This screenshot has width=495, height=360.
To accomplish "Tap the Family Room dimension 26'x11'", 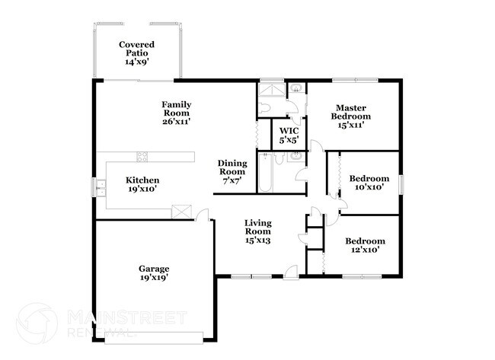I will [176, 121].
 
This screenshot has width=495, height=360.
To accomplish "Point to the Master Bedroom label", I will [350, 112].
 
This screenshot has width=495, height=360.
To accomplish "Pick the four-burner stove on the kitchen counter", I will [142, 157].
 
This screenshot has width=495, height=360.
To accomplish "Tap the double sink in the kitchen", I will [101, 186].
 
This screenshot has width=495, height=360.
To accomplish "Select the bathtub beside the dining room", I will [265, 173].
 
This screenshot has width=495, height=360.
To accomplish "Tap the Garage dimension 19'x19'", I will [153, 278].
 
